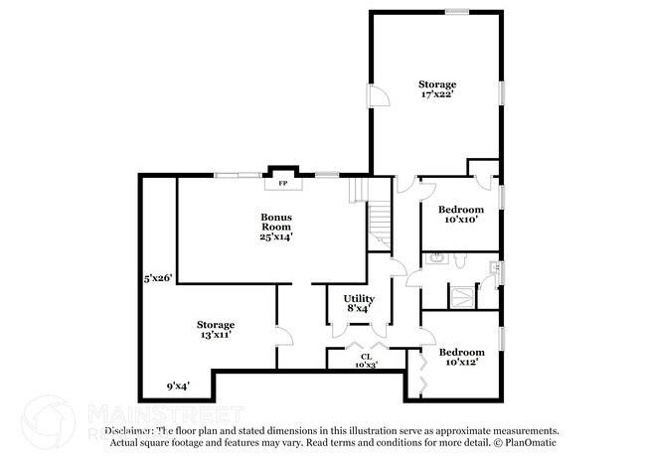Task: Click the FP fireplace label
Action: coord(281,184)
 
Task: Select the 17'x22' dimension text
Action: coord(436,95)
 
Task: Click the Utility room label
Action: coord(358,298)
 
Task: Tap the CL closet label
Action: coord(367,356)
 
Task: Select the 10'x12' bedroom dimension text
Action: coord(461,363)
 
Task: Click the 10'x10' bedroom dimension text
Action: coord(461,220)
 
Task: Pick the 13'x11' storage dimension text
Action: coord(215,336)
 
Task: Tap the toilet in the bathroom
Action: coord(459,259)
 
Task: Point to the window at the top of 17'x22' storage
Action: coord(457,12)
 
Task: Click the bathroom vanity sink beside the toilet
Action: coord(436,259)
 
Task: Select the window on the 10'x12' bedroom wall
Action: coord(502,341)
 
